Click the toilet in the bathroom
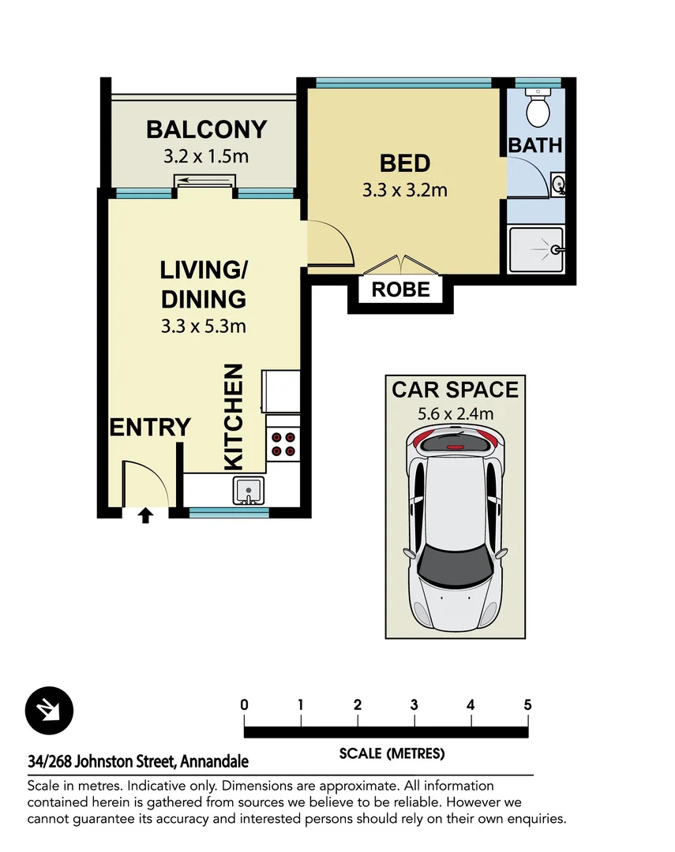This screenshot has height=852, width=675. click(x=538, y=107)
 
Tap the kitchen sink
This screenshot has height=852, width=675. click(x=249, y=491)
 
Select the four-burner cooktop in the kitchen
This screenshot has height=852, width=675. click(x=283, y=444)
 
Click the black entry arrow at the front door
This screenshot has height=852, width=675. click(x=144, y=515)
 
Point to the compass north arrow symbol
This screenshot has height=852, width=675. click(x=49, y=710)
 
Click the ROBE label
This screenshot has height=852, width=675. click(x=400, y=290)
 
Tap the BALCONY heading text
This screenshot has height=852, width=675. click(x=207, y=129)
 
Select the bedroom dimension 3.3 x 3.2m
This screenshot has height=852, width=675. click(x=405, y=190)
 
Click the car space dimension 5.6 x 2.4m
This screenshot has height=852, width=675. click(x=456, y=413)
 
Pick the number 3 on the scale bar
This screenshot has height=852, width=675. click(x=414, y=704)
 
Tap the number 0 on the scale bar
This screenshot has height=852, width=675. click(x=244, y=704)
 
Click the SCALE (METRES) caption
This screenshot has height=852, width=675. click(x=392, y=753)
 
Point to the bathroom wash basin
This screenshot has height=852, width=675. click(x=558, y=185)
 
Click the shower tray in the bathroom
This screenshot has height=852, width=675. click(x=536, y=250)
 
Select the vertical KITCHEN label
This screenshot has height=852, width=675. click(x=234, y=417)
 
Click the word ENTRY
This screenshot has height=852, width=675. click(x=150, y=427)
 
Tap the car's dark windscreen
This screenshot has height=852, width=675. click(x=455, y=566)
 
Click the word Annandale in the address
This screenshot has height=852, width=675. click(x=214, y=761)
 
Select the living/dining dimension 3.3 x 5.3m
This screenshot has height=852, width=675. click(x=204, y=326)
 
